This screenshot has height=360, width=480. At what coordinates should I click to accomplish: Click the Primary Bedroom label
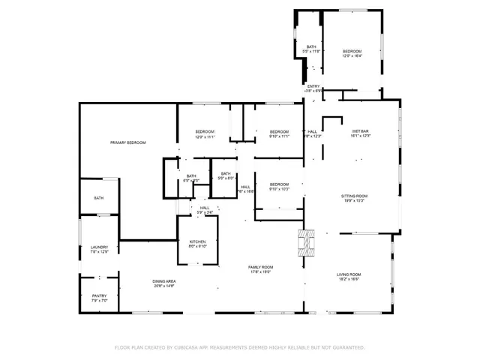tap(127, 142)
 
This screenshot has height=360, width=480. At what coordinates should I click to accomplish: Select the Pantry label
tap(100, 298)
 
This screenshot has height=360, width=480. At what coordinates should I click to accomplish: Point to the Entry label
tap(313, 87)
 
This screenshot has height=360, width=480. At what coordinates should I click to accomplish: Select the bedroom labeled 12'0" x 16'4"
tap(352, 53)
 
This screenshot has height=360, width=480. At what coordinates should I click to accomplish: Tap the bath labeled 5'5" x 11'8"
tap(311, 49)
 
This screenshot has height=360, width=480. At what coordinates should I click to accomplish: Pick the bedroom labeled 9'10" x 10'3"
tap(279, 186)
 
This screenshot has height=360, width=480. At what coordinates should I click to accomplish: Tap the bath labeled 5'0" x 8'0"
tap(226, 175)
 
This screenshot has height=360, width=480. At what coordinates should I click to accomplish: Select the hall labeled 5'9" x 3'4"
tap(205, 210)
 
